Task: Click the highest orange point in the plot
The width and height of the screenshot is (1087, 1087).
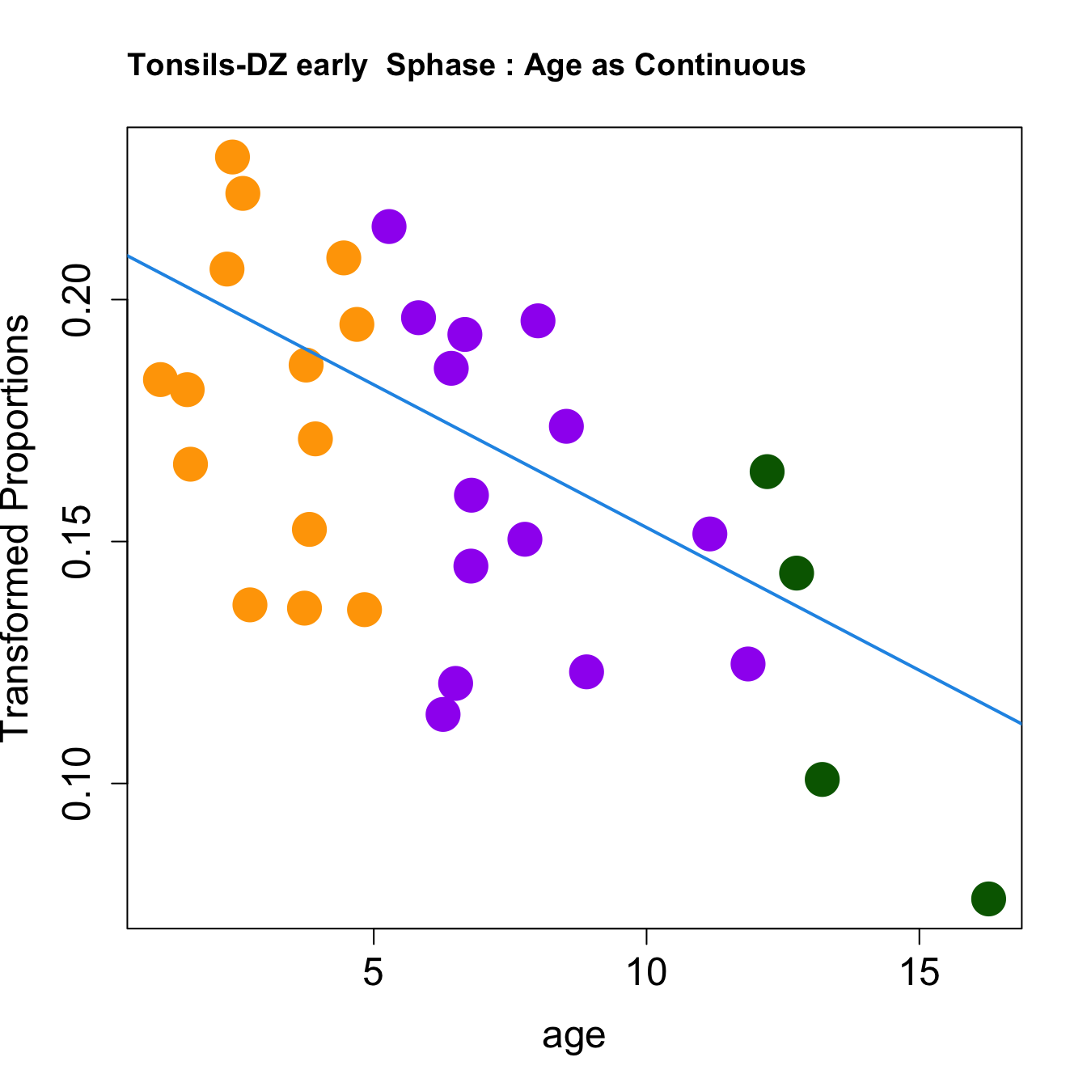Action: [232, 157]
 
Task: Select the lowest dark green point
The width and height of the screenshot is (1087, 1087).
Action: [988, 899]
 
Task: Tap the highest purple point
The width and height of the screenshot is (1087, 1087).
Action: [389, 226]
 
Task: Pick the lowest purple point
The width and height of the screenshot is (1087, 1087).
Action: [442, 714]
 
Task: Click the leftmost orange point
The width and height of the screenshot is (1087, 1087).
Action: [160, 379]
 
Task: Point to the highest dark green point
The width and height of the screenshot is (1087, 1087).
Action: [767, 472]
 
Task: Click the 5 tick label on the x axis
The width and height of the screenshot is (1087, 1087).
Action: [373, 972]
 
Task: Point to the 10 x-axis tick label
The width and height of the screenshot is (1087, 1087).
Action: [646, 972]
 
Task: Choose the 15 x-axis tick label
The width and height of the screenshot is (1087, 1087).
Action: [920, 972]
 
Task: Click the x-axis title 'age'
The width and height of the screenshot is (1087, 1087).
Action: [574, 1036]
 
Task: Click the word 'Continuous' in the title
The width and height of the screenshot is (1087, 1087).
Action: [720, 66]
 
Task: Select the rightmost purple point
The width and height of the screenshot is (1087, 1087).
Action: [748, 664]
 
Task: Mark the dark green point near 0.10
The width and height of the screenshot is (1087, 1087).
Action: [822, 780]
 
